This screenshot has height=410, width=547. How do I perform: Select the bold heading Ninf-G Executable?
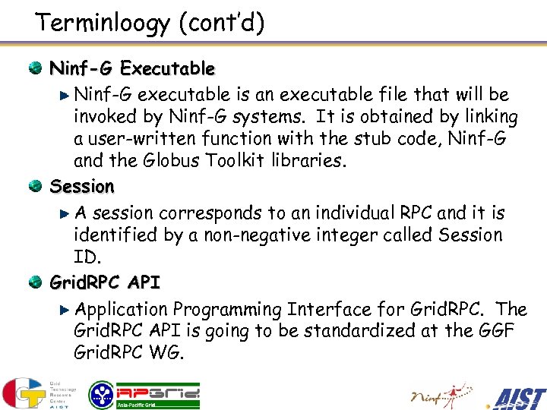[x=132, y=69]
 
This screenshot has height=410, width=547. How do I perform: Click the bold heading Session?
[x=82, y=186]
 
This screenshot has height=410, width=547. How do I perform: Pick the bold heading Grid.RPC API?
[x=105, y=283]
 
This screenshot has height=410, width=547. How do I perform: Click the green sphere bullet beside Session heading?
[x=35, y=186]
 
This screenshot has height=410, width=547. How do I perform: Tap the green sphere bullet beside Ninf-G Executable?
[x=35, y=69]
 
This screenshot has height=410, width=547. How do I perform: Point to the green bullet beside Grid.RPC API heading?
[x=35, y=283]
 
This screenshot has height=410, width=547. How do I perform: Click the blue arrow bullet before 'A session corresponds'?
[x=66, y=213]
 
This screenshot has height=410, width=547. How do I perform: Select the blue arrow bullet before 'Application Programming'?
[x=66, y=310]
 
